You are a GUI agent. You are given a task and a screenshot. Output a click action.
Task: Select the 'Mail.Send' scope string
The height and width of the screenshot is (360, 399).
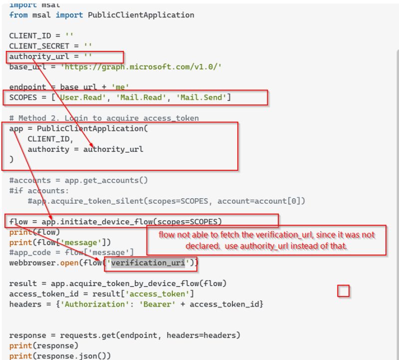[202, 97]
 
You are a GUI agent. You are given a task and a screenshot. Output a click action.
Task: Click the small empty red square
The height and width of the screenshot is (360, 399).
[343, 291]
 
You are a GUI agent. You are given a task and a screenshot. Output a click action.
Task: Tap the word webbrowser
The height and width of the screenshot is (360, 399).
[31, 262]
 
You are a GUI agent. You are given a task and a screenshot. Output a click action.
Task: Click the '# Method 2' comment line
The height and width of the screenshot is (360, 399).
[104, 118]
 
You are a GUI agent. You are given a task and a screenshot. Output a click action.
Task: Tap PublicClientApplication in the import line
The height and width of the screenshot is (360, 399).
[141, 15]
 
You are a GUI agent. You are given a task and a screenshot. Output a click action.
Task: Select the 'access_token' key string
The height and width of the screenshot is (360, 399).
[167, 294]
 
